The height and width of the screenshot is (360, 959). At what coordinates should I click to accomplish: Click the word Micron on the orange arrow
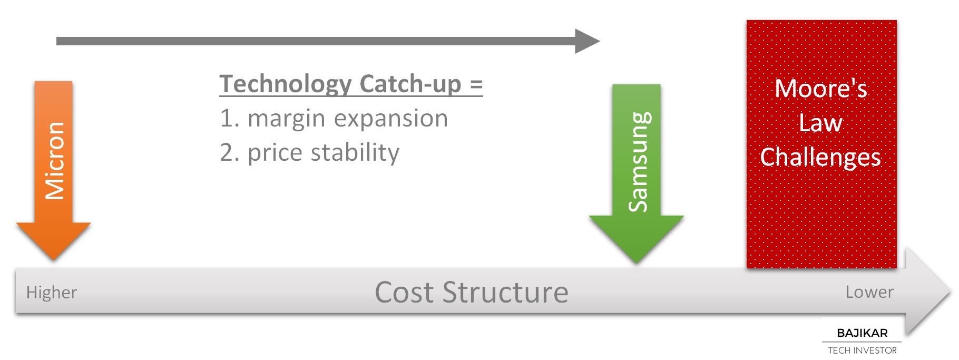click(x=54, y=161)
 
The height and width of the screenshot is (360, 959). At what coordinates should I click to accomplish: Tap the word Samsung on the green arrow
click(x=639, y=162)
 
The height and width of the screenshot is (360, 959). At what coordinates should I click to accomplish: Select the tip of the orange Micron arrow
click(x=53, y=259)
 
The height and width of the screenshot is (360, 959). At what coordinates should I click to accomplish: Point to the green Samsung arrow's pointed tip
click(x=637, y=263)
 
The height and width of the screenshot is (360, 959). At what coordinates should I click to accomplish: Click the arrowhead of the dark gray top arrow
click(x=587, y=41)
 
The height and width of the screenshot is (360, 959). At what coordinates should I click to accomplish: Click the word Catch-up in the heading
click(x=410, y=84)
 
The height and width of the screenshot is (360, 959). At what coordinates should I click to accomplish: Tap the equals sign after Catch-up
click(x=476, y=85)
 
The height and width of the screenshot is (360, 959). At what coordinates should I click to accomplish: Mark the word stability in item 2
click(x=355, y=153)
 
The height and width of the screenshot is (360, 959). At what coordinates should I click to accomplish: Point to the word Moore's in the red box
click(x=821, y=88)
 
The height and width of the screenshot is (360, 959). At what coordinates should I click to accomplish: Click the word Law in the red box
click(x=820, y=123)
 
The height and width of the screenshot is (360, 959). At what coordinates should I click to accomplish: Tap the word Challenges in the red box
click(x=820, y=157)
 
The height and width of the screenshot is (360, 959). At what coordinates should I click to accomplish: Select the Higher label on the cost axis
click(x=52, y=293)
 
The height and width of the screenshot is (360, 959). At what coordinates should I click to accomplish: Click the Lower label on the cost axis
click(x=869, y=292)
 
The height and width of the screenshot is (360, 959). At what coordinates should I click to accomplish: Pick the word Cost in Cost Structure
click(x=405, y=293)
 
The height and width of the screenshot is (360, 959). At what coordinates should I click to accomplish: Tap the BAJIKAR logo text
click(x=862, y=333)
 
